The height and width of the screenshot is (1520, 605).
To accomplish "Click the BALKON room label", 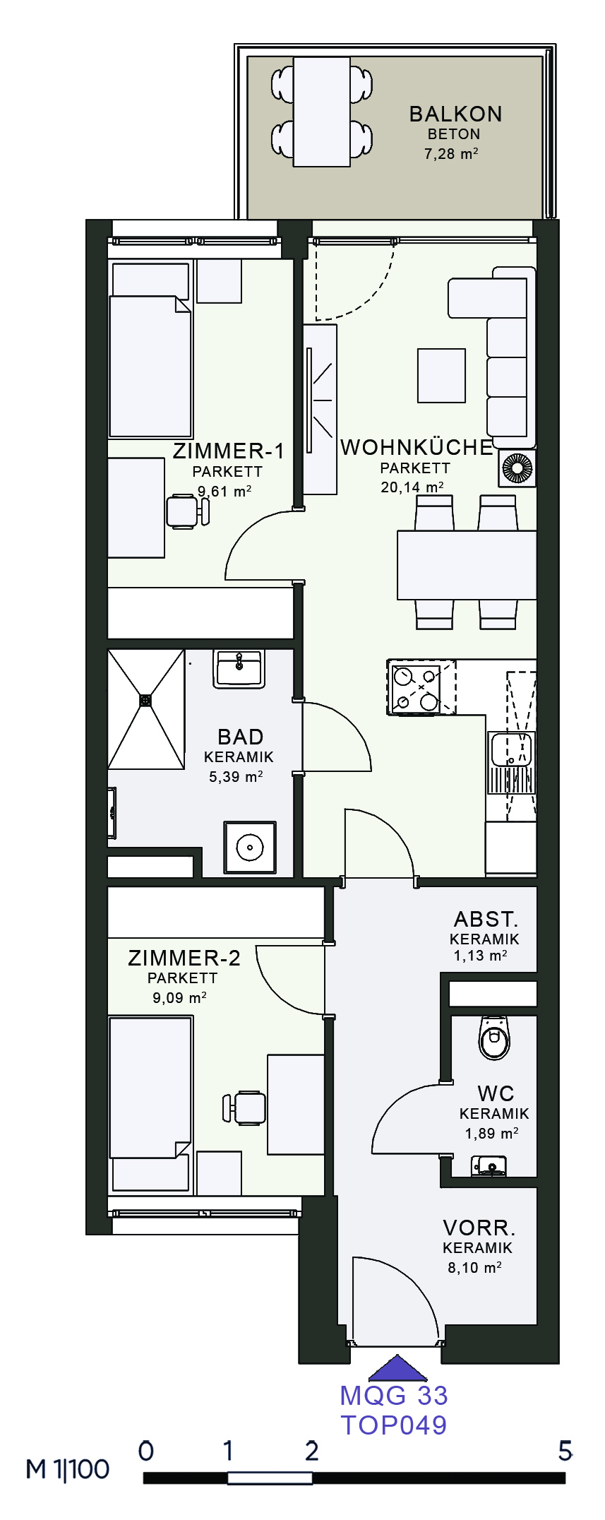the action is click(455, 114).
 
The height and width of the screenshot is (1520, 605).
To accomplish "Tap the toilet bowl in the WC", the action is click(494, 1037).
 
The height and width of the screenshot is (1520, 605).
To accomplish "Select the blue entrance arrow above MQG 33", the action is click(397, 1367).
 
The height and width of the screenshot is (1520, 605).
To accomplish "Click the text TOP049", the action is click(394, 1425).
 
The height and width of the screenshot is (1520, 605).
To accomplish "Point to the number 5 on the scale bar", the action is click(565, 1451).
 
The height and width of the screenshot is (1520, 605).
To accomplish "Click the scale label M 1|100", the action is click(68, 1470).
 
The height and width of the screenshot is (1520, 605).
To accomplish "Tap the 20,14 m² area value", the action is click(412, 487).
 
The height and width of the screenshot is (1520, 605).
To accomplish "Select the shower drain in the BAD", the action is click(145, 700).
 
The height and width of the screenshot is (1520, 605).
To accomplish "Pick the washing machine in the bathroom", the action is click(250, 847).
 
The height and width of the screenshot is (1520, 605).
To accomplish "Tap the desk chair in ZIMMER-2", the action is click(244, 1108).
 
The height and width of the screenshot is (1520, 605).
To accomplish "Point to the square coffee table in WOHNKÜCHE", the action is click(441, 376).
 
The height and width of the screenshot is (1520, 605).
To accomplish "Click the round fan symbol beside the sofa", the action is click(517, 468).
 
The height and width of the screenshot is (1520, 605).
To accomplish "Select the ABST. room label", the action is click(486, 919).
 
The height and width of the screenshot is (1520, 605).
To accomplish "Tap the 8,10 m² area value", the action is click(474, 1267).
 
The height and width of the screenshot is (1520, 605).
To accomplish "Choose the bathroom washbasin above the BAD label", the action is click(239, 668).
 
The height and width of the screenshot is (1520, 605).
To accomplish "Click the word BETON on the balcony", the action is click(454, 134).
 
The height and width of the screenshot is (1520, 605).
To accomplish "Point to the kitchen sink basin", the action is click(511, 749).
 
